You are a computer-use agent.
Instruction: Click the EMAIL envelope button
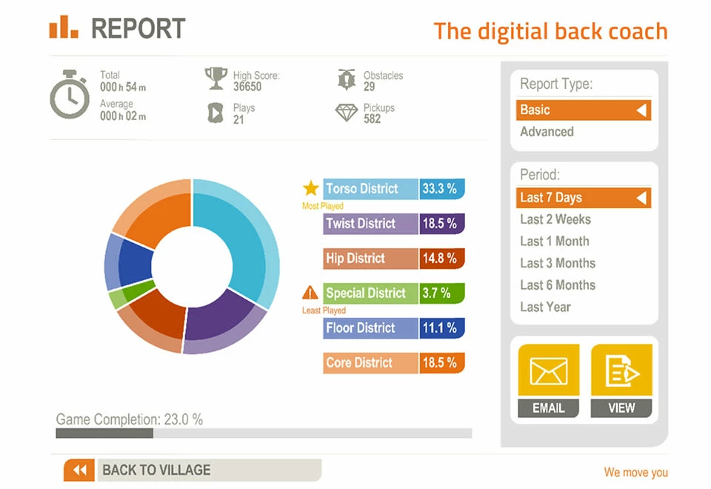pyautogui.click(x=548, y=379)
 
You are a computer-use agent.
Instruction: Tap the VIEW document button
pyautogui.click(x=621, y=379)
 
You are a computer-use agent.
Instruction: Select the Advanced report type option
pyautogui.click(x=547, y=132)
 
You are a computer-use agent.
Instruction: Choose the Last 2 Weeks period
pyautogui.click(x=555, y=219)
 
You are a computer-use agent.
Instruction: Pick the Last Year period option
pyautogui.click(x=545, y=307)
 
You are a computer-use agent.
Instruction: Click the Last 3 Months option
pyautogui.click(x=557, y=263)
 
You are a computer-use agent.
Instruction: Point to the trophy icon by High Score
pyautogui.click(x=216, y=78)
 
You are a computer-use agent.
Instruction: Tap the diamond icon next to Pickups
pyautogui.click(x=346, y=113)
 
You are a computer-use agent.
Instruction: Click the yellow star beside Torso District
pyautogui.click(x=310, y=188)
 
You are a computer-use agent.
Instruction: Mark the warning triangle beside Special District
pyautogui.click(x=310, y=293)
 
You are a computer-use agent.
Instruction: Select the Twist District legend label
pyautogui.click(x=361, y=224)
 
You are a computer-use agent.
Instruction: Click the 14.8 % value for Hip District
pyautogui.click(x=441, y=259)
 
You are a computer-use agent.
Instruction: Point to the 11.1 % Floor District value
pyautogui.click(x=441, y=328)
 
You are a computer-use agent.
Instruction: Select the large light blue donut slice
pyautogui.click(x=244, y=237)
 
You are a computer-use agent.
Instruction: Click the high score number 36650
pyautogui.click(x=247, y=87)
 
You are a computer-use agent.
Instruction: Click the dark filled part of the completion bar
pyautogui.click(x=104, y=433)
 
